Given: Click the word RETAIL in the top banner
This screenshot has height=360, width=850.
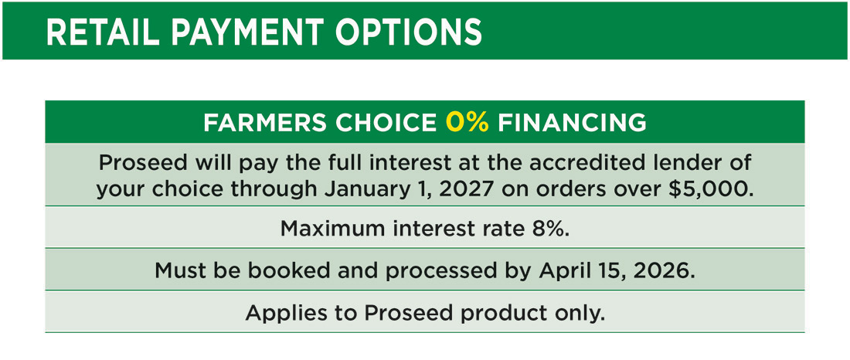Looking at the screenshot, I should tap(98, 32).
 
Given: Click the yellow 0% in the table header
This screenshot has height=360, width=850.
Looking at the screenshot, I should tap(467, 122).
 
